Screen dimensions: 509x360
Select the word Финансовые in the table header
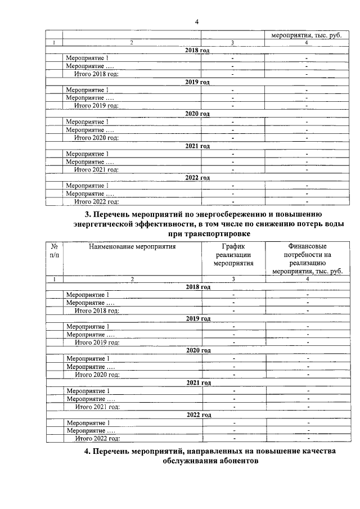[307, 246]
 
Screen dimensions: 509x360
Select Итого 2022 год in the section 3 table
[97, 439]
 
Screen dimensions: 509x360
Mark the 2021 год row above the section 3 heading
[197, 146]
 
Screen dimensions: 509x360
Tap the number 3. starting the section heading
[88, 214]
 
